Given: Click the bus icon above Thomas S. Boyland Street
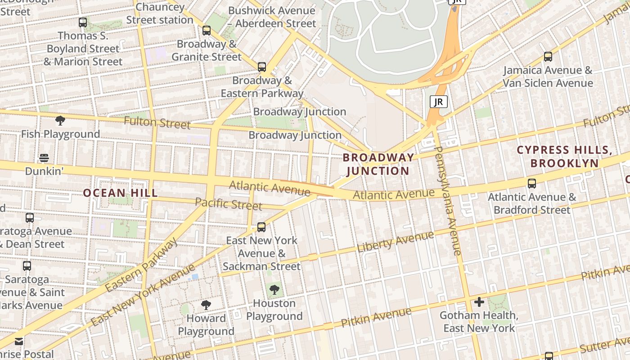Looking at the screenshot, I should (82, 22).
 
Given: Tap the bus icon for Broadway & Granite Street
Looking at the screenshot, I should (207, 30).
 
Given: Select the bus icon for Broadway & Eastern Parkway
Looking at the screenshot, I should (261, 67).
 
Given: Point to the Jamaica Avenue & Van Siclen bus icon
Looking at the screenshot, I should (548, 57).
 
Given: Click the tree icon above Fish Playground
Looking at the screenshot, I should (60, 121).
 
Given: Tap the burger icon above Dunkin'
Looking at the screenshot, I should (44, 158).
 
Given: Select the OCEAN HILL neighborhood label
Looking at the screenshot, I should (120, 193).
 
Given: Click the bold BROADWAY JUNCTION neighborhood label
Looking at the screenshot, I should (378, 164).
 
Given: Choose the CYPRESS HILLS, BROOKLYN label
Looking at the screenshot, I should (564, 156).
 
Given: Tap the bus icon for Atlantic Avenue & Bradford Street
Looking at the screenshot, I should (531, 184).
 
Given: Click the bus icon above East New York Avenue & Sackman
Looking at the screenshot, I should (261, 227).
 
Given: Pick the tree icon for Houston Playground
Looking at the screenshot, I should (274, 290).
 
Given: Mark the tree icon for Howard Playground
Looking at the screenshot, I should (206, 305).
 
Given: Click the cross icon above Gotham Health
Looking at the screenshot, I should (479, 302).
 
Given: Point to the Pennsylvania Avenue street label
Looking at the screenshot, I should (448, 201).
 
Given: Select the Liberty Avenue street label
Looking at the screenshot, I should (396, 242).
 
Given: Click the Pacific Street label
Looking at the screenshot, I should (229, 204).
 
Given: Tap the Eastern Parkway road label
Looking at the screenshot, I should (141, 265).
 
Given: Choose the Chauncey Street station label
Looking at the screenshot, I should (159, 13).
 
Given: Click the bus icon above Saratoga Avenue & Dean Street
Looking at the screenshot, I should (30, 218).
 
